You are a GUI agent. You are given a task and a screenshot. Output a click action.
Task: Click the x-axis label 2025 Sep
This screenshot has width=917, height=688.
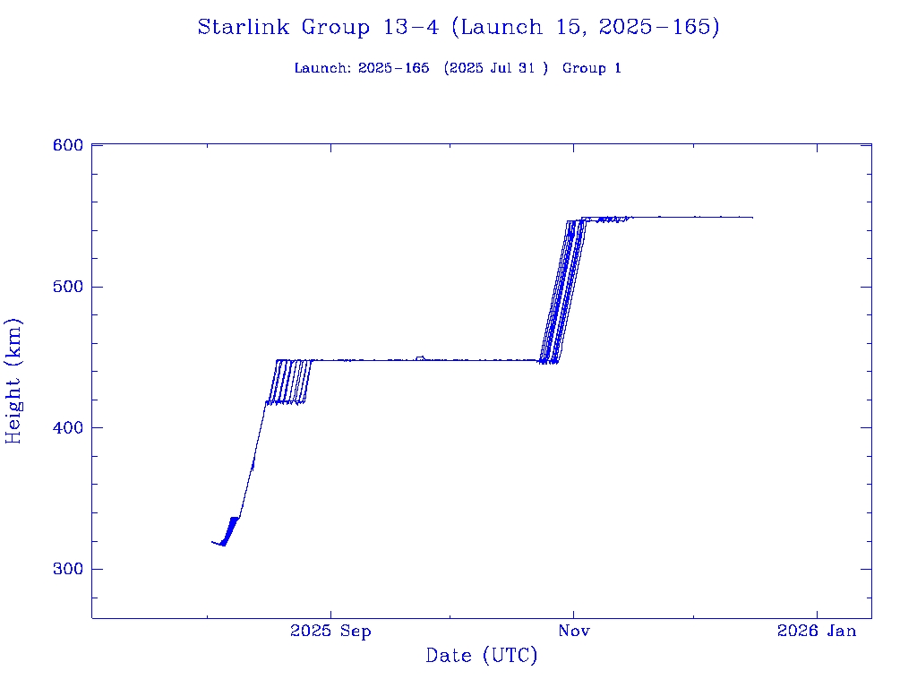point(330,632)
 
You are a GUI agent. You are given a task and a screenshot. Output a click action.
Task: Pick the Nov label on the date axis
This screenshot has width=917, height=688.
point(573,632)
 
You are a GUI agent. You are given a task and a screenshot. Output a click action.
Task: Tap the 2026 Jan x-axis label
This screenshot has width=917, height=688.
point(817,632)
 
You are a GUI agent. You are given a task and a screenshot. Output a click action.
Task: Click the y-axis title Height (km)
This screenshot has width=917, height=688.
point(13,381)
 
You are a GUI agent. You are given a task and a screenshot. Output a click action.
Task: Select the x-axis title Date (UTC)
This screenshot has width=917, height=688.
point(482,657)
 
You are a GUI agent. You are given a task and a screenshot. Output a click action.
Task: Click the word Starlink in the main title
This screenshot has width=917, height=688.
point(244,28)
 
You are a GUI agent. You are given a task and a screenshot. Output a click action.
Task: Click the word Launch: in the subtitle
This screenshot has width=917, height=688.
point(322,69)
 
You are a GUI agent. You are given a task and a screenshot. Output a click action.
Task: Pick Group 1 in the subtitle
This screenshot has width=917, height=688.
point(591,69)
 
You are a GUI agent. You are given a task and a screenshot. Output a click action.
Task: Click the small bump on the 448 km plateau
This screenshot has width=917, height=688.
point(420,357)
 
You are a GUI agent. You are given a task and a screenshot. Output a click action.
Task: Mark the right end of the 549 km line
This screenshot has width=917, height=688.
point(752,218)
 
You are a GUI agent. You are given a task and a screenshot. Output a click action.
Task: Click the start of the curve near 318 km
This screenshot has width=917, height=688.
point(212,541)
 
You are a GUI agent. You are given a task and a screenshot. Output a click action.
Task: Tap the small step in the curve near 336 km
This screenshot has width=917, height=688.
point(235,518)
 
